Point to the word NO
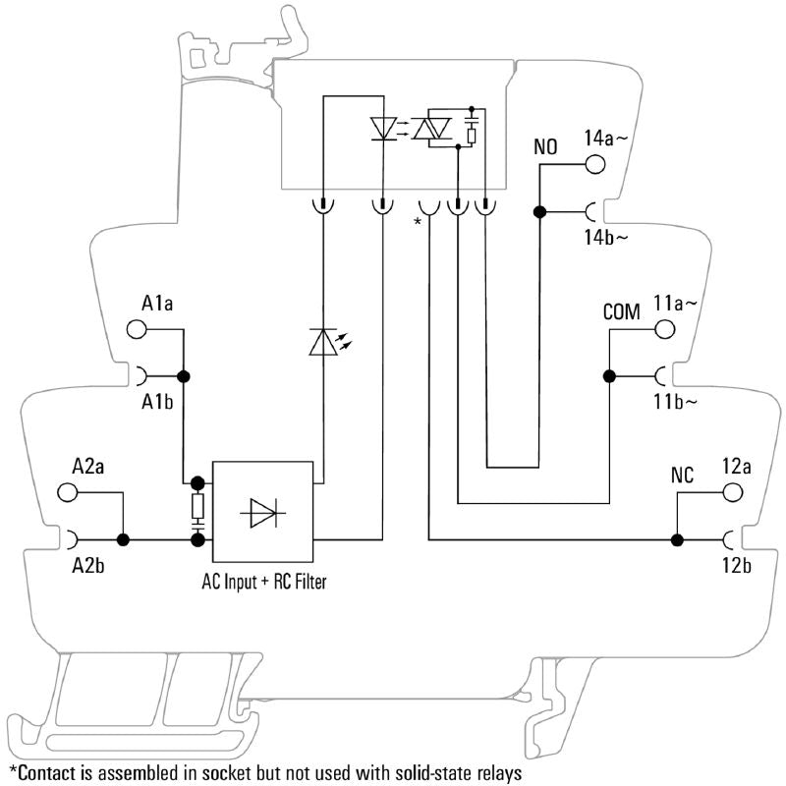(545, 147)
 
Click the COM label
(621, 312)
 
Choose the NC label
(682, 476)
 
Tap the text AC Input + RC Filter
(264, 582)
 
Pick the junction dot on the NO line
(539, 211)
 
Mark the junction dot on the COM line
(609, 375)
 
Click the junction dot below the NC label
(677, 539)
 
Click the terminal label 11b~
(677, 401)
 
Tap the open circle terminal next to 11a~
(665, 328)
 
